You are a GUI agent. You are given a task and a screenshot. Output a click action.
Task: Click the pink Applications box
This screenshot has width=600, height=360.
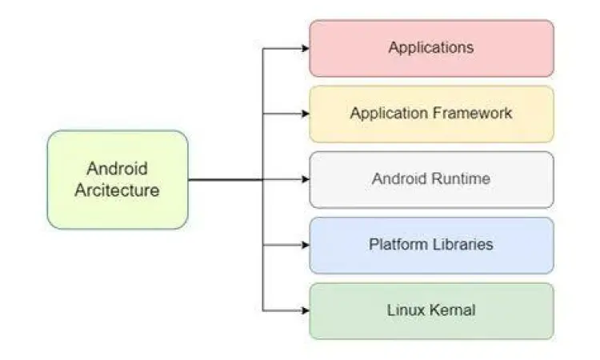431,48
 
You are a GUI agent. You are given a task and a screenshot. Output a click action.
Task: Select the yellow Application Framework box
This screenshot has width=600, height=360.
431,114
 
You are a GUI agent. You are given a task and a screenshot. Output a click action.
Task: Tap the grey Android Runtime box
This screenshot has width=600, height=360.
431,179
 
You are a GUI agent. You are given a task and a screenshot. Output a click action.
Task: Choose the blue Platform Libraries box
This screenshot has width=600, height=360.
431,245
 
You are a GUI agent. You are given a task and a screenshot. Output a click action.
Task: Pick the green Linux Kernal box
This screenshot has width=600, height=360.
431,310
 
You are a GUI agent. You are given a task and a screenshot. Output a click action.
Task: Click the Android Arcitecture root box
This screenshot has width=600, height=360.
118,180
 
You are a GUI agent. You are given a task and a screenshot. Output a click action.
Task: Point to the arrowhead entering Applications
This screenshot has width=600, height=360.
305,48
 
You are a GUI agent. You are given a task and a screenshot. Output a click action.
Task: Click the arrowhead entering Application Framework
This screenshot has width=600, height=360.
305,114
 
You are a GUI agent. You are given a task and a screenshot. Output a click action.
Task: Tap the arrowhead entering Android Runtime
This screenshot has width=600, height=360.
305,179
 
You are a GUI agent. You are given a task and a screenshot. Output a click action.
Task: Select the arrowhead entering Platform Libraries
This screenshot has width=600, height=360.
305,245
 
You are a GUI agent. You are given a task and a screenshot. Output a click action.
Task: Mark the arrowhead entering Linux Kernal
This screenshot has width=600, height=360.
305,310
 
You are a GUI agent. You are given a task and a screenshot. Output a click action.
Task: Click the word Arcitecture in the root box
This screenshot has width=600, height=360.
118,191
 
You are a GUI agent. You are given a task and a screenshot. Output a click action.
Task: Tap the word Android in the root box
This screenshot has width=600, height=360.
118,170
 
